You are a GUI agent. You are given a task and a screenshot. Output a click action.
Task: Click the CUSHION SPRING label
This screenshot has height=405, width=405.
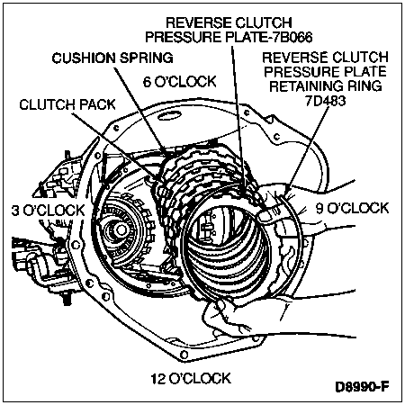click(112, 58)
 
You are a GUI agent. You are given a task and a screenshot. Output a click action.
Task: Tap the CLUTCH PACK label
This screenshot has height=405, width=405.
click(67, 104)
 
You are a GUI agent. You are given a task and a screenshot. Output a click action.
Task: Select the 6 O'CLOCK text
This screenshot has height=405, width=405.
click(180, 81)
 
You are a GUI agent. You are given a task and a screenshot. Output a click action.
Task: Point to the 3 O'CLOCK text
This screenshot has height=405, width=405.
click(49, 211)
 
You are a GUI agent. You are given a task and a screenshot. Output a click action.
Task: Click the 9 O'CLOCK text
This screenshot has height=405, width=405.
click(352, 208)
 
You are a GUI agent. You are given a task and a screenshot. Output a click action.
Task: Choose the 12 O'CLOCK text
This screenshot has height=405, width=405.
click(191, 378)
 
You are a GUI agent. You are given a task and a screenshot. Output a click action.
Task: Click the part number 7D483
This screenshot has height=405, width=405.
click(326, 101)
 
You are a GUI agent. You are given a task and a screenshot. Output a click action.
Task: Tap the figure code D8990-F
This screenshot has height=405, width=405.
click(362, 386)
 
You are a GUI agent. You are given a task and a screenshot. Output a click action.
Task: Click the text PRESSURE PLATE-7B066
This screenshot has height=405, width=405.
click(229, 37)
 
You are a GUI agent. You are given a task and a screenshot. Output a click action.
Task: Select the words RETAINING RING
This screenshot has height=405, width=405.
click(326, 86)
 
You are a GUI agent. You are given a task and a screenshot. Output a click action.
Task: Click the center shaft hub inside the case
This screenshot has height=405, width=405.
click(121, 230)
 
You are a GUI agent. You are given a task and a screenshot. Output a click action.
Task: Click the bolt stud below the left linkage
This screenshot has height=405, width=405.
click(67, 298)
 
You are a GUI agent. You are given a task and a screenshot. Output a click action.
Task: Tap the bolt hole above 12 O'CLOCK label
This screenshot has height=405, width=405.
click(184, 354)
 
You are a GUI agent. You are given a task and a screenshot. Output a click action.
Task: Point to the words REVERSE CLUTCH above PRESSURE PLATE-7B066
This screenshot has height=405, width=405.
click(229, 22)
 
